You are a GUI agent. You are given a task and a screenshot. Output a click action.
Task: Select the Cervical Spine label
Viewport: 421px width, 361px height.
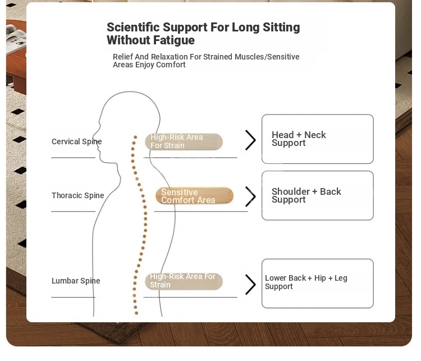click(x=76, y=141)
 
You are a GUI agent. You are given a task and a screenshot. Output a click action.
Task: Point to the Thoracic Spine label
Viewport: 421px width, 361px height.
click(x=77, y=195)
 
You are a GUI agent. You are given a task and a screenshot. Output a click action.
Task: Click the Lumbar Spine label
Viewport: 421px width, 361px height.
click(x=76, y=281)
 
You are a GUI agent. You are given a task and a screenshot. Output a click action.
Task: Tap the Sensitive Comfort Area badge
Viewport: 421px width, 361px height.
click(x=194, y=196)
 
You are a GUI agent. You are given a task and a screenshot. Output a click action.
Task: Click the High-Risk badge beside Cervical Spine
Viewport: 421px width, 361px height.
click(x=184, y=141)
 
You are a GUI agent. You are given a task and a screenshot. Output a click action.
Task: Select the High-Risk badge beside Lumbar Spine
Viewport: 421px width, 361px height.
click(x=184, y=281)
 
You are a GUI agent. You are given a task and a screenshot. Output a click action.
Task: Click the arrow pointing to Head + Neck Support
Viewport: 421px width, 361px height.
click(x=250, y=140)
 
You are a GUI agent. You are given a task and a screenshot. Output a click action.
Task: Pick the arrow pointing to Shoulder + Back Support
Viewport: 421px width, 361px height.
click(x=250, y=197)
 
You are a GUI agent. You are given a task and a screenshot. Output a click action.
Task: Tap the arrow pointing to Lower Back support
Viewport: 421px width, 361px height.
click(x=250, y=285)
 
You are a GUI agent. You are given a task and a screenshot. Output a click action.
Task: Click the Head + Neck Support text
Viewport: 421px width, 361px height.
click(x=299, y=139)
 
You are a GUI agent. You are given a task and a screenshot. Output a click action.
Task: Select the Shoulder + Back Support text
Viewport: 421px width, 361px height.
click(x=306, y=195)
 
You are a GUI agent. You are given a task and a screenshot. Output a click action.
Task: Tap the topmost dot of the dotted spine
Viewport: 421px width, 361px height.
click(x=135, y=137)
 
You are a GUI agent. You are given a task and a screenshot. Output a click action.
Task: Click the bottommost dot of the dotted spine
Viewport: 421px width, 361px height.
click(x=136, y=313)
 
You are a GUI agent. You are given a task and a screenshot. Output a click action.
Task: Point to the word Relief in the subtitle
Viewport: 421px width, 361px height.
click(x=123, y=57)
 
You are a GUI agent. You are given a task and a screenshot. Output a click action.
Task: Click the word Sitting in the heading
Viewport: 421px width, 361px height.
click(x=281, y=28)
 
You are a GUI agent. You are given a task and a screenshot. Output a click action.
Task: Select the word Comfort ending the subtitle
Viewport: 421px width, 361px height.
click(x=171, y=65)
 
